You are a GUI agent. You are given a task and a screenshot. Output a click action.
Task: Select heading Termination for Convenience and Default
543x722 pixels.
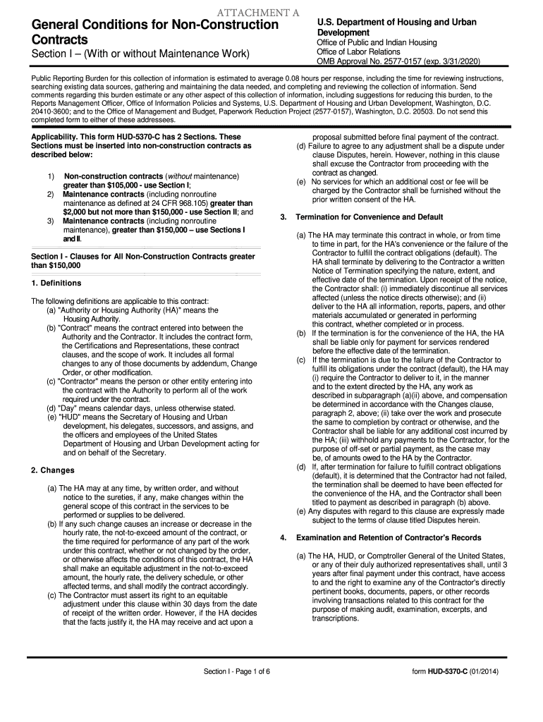(369, 216)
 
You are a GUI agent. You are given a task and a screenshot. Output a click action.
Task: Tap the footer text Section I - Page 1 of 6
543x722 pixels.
(237, 671)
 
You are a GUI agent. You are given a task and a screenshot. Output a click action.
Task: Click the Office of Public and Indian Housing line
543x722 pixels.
(377, 42)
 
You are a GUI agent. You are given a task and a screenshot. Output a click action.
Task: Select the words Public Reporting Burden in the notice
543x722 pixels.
(71, 78)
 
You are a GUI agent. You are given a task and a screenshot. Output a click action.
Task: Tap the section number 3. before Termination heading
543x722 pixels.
(283, 216)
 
